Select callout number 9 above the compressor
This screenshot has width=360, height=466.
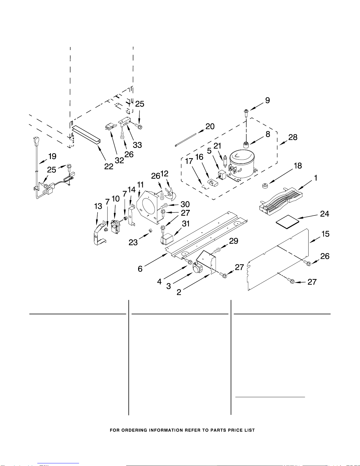click(267, 101)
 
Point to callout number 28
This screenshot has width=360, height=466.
click(293, 137)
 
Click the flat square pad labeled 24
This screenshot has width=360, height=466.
click(287, 220)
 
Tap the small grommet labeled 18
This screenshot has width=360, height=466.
click(265, 186)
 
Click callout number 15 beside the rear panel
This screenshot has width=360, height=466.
click(325, 234)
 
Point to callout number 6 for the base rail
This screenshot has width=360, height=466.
click(140, 269)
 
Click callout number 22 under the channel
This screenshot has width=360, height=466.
click(109, 166)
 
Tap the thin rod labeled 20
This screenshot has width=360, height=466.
click(185, 139)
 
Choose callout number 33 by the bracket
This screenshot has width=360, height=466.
click(137, 145)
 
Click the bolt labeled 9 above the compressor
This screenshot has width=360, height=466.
click(246, 112)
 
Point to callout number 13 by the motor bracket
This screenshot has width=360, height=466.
click(98, 206)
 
